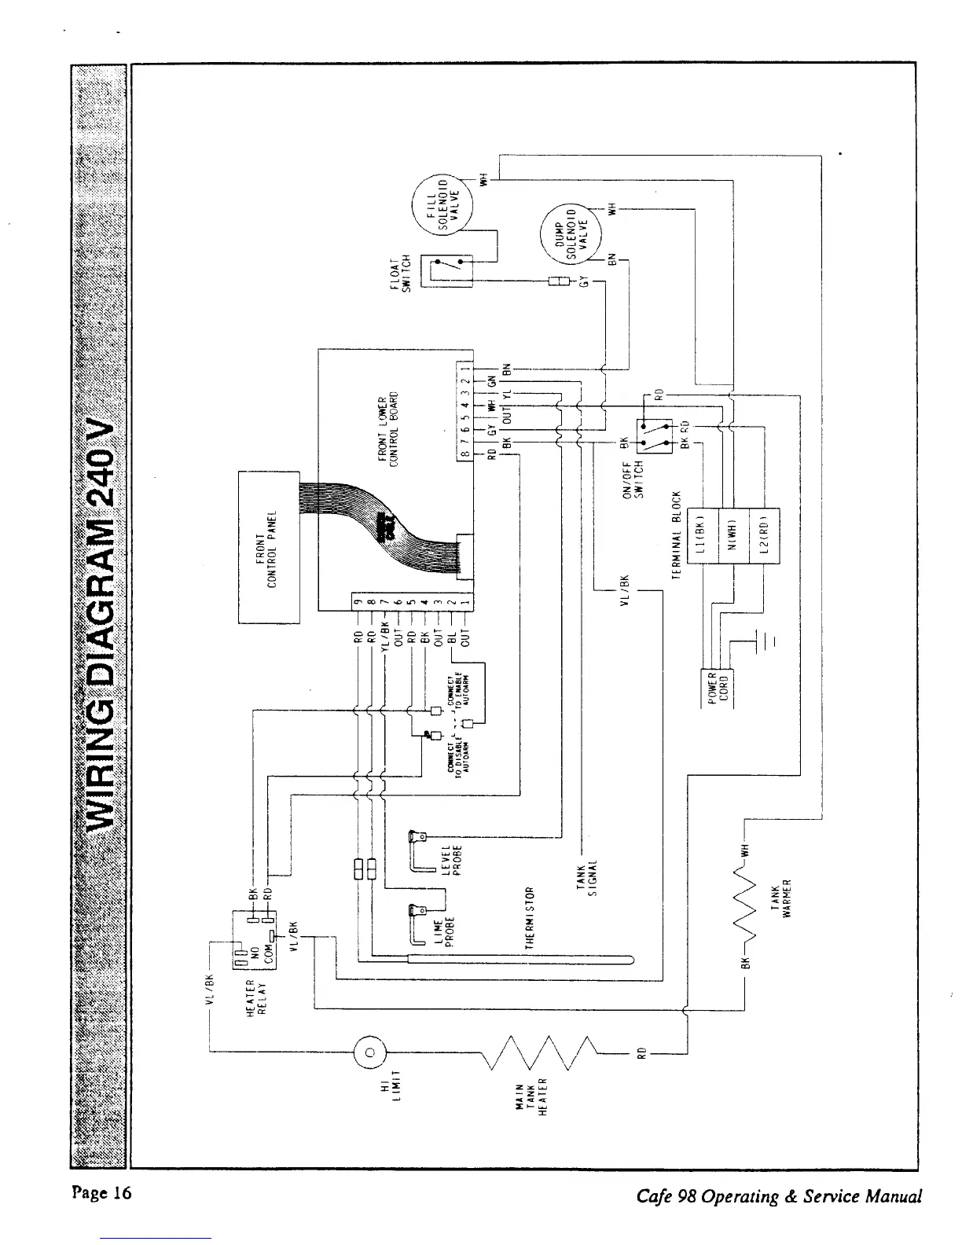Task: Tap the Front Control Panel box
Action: pos(269,546)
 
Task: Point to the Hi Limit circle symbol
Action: pos(369,1052)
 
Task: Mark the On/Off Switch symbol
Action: pos(657,436)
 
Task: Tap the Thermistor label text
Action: pos(531,916)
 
